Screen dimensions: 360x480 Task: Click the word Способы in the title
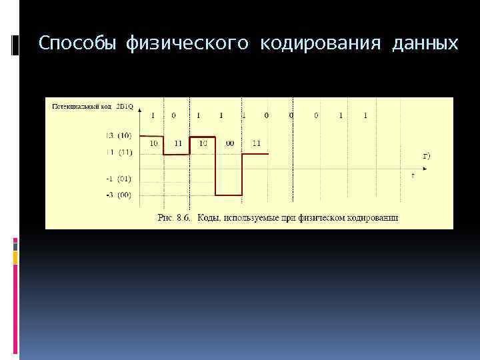(x=75, y=44)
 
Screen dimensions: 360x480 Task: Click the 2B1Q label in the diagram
(x=124, y=105)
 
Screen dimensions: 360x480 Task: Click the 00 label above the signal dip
(x=229, y=143)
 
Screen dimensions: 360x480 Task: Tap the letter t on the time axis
(x=413, y=175)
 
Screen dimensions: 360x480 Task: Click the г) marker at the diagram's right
(x=427, y=156)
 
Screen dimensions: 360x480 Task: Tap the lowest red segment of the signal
(x=229, y=195)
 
